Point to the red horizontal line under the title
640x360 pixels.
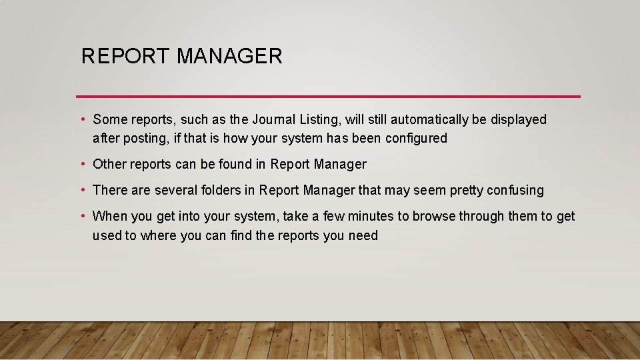click(328, 96)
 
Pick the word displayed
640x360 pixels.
click(518, 120)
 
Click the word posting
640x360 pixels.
click(144, 139)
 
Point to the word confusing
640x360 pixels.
click(515, 190)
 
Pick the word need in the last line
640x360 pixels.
click(363, 235)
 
